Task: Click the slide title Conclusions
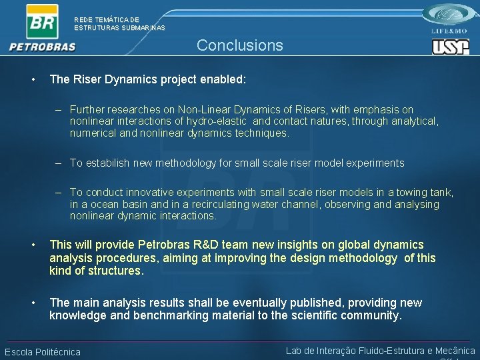[239, 45]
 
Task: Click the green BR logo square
[42, 21]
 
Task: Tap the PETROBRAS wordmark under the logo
[43, 47]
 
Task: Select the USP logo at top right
[451, 47]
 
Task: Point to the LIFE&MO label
[450, 31]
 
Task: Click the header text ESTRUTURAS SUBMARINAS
[119, 28]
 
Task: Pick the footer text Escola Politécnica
[43, 352]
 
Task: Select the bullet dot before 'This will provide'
[33, 245]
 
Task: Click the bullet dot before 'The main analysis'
[33, 303]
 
